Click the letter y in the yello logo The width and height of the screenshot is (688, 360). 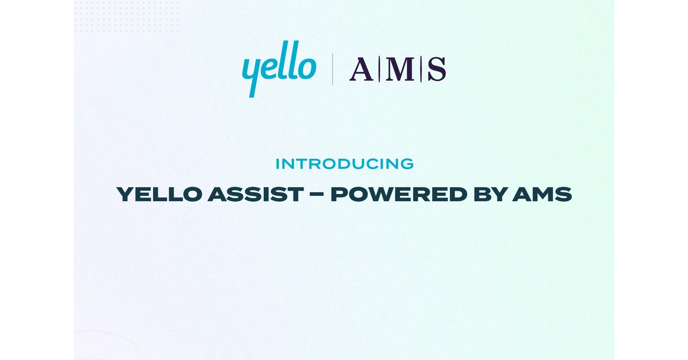pyautogui.click(x=252, y=73)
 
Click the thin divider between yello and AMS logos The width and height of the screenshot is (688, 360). pyautogui.click(x=333, y=69)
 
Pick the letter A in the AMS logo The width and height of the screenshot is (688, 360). pyautogui.click(x=361, y=69)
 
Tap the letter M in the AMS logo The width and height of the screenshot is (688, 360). pyautogui.click(x=400, y=69)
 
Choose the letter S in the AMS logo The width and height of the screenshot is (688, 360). pyautogui.click(x=437, y=69)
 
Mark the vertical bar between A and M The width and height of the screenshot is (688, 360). pyautogui.click(x=379, y=69)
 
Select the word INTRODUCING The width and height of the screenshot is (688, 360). pyautogui.click(x=344, y=164)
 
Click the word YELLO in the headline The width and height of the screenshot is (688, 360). pyautogui.click(x=159, y=194)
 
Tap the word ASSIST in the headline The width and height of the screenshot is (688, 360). pyautogui.click(x=255, y=194)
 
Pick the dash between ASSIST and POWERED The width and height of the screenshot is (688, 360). pyautogui.click(x=317, y=195)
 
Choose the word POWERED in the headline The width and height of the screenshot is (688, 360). pyautogui.click(x=392, y=194)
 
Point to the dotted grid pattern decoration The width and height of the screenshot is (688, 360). pyautogui.click(x=127, y=17)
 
